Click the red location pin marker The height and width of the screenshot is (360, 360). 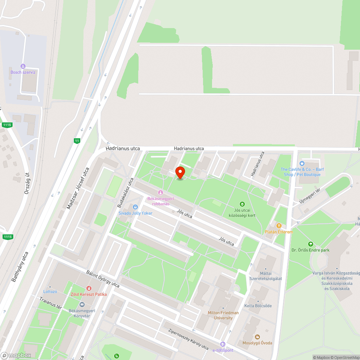coord(180,172)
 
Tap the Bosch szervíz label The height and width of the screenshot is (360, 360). coord(23,72)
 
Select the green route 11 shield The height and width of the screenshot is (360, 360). coord(77,141)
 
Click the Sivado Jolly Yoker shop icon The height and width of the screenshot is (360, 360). coord(135,207)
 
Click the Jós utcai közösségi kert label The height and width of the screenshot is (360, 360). coord(242,213)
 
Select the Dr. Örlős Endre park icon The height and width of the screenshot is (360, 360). coord(311,244)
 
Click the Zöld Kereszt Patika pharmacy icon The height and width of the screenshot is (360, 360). coord(89,288)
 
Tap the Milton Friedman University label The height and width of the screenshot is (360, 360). coord(223,315)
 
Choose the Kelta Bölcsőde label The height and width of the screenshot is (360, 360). coord(258,306)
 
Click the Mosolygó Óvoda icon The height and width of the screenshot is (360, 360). coord(257,337)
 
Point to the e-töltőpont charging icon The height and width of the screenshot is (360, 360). coord(223,345)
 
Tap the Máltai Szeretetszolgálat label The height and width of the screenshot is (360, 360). coord(266,276)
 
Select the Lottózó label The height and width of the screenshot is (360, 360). coord(50,292)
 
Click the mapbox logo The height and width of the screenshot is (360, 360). coord(16,355)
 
